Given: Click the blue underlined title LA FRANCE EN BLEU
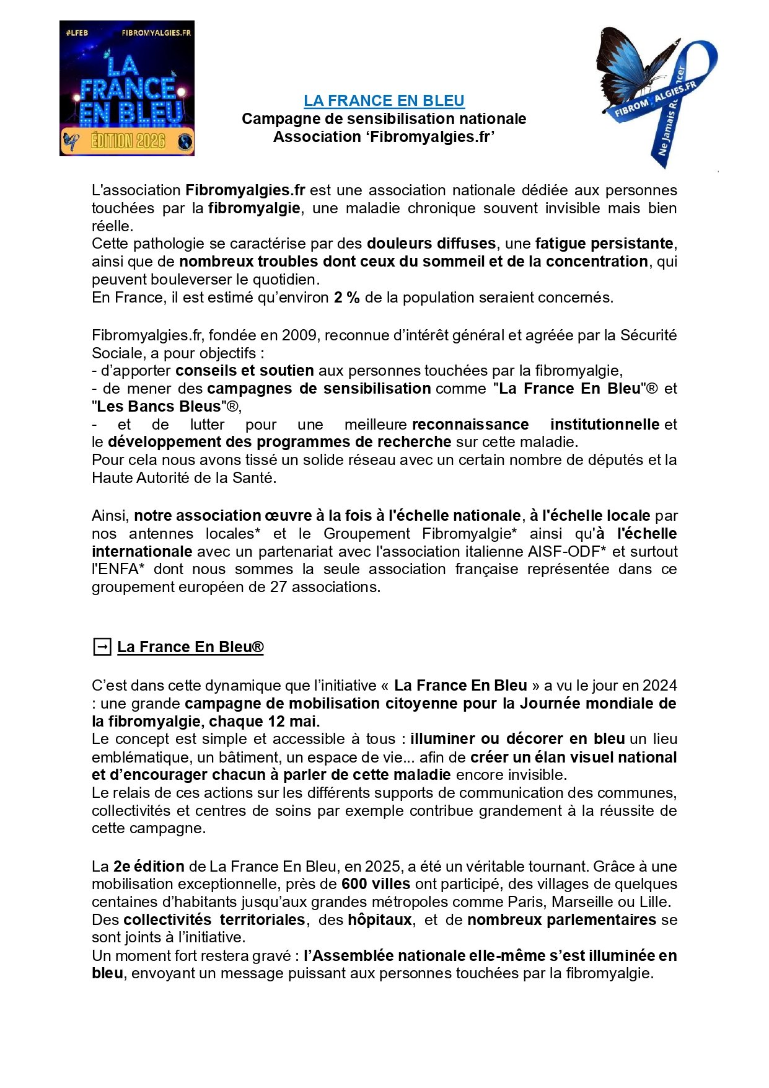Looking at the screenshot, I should pos(384,100).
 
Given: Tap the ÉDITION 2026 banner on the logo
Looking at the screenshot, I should pos(128,141).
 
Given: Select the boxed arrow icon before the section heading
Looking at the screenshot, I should pos(101,647).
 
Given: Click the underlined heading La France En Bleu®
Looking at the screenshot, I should pos(190,647).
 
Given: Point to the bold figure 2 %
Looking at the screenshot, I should pos(346,298).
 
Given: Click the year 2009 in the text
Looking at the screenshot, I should pos(300,335).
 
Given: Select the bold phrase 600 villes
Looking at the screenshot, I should pos(376,884).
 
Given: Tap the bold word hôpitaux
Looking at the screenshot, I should pos(379,919).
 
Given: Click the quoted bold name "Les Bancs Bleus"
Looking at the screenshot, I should pos(159,407).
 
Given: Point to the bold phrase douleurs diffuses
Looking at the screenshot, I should pos(431,243).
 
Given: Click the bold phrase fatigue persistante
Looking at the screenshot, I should pos(604,243).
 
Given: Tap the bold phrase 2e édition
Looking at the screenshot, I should pos(149,866).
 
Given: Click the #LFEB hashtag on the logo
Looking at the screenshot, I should pos(77,32).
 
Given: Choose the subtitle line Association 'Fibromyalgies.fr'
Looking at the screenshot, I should pos(384,136).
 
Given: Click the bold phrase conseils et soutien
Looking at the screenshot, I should pos(244,371).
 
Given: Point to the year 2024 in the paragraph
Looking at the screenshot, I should pos(659,686).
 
